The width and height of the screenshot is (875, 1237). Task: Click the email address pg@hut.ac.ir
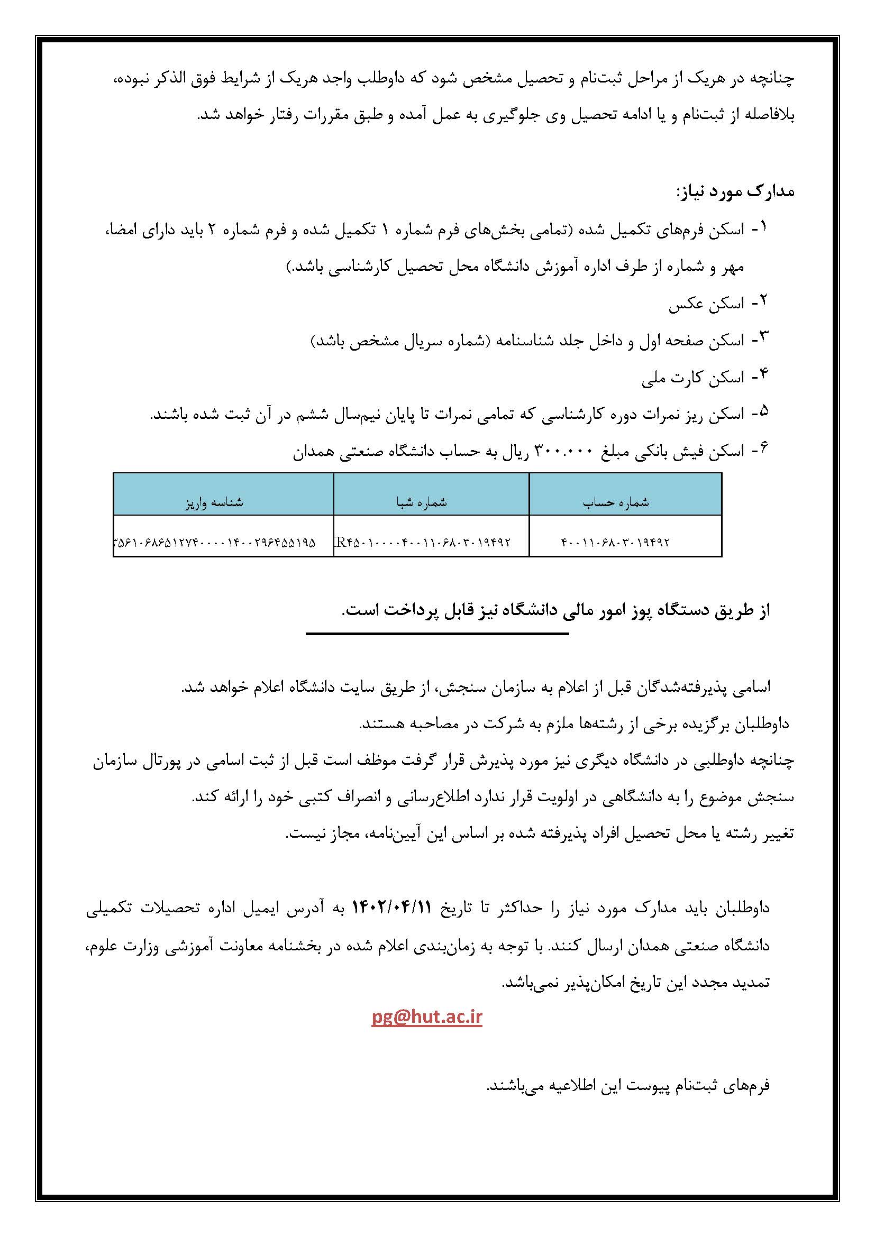click(426, 1017)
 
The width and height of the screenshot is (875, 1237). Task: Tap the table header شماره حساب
click(615, 502)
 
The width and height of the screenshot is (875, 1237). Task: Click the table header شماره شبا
click(422, 502)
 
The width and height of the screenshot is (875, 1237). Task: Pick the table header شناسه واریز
click(214, 502)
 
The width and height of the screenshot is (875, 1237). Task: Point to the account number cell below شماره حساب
click(615, 542)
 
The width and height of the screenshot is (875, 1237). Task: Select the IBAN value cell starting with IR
click(422, 542)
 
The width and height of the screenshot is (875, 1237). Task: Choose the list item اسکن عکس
click(706, 305)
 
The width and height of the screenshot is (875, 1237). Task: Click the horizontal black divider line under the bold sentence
click(437, 634)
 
